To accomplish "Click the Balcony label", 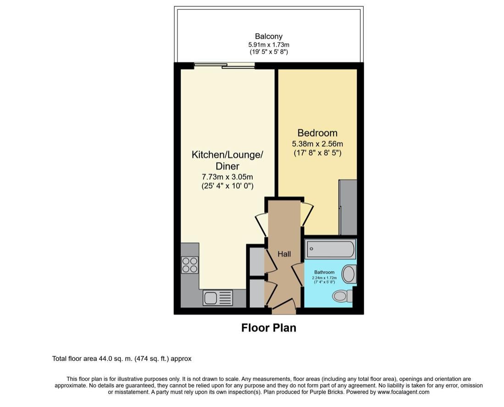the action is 269,36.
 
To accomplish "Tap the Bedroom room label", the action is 317,133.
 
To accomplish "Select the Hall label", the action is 284,254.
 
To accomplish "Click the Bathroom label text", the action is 324,272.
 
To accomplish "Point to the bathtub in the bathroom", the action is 331,249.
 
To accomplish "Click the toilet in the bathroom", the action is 342,296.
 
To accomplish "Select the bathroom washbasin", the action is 349,274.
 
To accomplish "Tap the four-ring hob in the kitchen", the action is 190,265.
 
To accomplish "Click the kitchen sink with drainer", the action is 218,298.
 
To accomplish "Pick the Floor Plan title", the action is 269,328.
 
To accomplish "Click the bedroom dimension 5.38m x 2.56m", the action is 317,144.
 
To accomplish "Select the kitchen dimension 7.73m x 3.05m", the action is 227,176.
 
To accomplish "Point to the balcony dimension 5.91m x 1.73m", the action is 269,44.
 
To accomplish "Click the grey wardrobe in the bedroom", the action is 348,207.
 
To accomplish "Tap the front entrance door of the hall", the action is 284,306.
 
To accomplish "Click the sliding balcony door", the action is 224,66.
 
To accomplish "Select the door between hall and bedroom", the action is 307,214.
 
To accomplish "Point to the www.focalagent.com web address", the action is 404,392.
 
